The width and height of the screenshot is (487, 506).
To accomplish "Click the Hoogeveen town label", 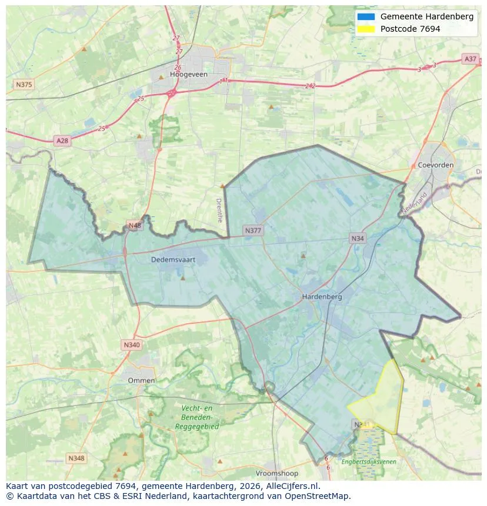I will tap(185, 75).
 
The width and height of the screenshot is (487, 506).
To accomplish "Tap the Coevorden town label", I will tap(436, 165).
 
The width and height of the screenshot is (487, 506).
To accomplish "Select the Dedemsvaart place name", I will tap(173, 259).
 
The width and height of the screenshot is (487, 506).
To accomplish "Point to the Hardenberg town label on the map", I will tap(322, 297).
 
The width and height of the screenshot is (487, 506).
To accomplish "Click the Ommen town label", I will tap(141, 380).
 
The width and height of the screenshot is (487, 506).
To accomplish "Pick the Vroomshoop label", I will tap(277, 473).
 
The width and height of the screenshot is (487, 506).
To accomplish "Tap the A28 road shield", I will tap(62, 140).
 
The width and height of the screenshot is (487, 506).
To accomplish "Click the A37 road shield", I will tap(470, 59).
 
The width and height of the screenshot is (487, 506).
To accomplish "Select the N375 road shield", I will tap(24, 85).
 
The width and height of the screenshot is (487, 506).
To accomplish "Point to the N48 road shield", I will tap(135, 225).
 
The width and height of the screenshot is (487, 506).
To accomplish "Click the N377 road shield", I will tap(253, 230).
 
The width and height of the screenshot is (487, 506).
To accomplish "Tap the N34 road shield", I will tap(357, 238).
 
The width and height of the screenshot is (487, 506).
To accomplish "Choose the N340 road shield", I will tap(132, 345).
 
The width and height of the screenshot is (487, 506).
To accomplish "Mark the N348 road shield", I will tap(76, 458).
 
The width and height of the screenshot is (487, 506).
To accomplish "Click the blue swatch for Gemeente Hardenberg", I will tap(365, 17).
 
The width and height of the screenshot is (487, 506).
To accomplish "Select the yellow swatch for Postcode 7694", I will tap(365, 29).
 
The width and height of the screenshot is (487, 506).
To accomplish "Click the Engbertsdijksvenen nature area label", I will tap(369, 462).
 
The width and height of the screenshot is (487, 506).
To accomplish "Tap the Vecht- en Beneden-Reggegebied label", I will tap(197, 417).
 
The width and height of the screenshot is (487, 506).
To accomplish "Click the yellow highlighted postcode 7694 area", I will tap(379, 403).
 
